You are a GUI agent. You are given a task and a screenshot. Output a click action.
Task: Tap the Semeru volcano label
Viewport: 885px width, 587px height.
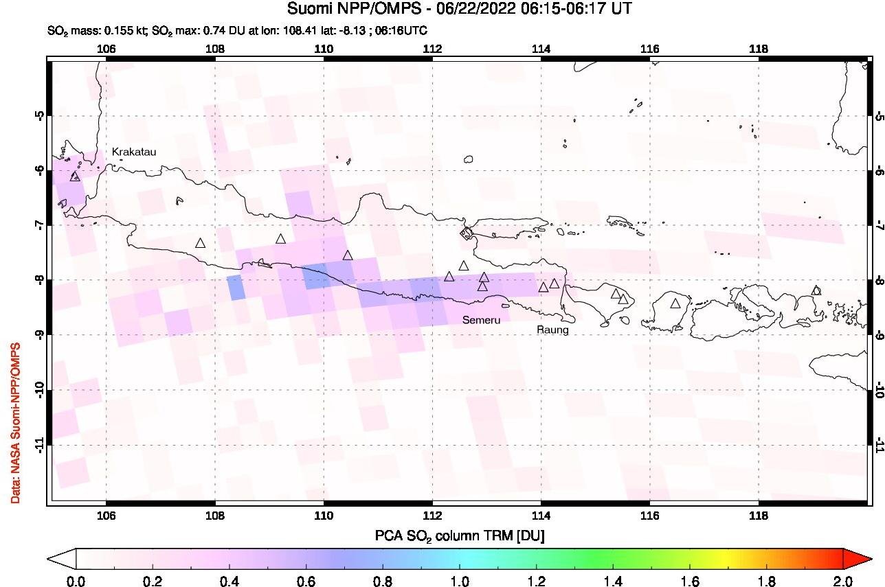(x=481, y=321)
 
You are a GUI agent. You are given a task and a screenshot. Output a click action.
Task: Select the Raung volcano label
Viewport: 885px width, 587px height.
(x=552, y=330)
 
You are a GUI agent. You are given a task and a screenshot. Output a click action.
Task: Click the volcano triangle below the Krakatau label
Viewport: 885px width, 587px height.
(x=75, y=176)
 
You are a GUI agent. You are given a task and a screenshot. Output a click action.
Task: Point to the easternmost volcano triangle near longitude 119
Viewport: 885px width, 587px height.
(x=816, y=290)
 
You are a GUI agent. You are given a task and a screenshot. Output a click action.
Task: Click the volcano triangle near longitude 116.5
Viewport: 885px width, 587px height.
(x=675, y=303)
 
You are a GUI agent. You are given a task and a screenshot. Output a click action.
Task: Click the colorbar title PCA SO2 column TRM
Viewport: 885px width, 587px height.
(x=460, y=536)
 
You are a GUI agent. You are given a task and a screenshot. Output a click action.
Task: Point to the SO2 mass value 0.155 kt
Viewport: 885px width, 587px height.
(x=111, y=31)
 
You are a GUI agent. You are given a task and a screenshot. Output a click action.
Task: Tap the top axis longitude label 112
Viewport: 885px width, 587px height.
(x=432, y=49)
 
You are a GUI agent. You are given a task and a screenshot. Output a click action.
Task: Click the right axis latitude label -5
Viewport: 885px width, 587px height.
(x=879, y=115)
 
